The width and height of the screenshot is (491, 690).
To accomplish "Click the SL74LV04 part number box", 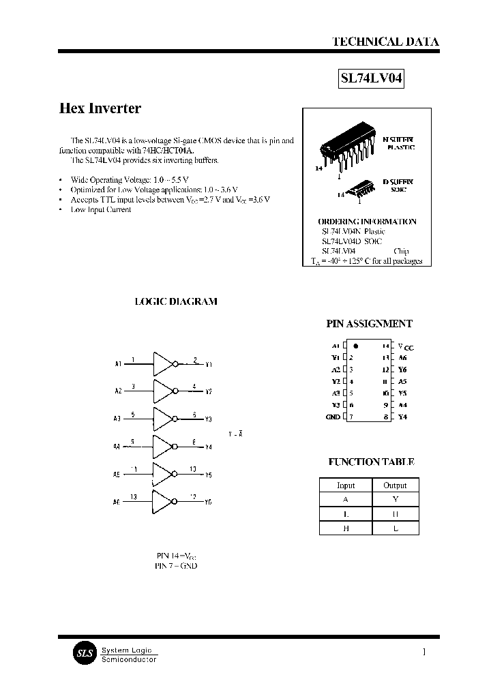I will [x=372, y=79].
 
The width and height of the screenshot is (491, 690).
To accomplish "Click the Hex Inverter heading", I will [x=100, y=108].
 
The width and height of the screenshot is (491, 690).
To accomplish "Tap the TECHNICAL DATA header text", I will [x=385, y=42].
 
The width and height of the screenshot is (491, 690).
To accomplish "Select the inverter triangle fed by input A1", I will [x=164, y=364].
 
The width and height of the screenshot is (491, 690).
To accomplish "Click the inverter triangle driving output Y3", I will [x=164, y=419].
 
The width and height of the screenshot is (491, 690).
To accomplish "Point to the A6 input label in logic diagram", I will [x=117, y=502].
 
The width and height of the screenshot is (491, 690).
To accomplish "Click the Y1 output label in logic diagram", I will [x=209, y=365].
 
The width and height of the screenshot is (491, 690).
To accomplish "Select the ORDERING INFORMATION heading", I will [x=367, y=222].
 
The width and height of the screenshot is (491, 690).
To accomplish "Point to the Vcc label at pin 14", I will [x=405, y=346].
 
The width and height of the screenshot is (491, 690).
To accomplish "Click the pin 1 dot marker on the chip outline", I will [x=356, y=346].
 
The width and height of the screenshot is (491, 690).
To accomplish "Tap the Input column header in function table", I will [x=346, y=485].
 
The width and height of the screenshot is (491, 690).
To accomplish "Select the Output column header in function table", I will [x=395, y=485].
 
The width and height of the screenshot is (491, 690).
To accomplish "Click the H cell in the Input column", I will [x=346, y=528].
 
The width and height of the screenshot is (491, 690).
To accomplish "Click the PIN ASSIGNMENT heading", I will [x=370, y=325].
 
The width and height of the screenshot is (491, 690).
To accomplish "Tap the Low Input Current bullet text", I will [x=101, y=209].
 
